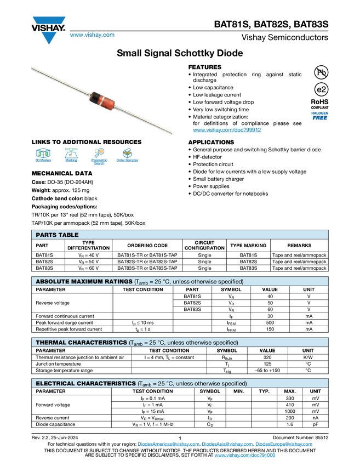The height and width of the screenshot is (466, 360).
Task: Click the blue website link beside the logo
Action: [x=92, y=35]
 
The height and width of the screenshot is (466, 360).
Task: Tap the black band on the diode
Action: [x=93, y=98]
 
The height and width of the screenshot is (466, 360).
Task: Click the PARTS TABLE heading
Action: [x=57, y=235]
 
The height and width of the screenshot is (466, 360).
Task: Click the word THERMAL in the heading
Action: [x=51, y=343]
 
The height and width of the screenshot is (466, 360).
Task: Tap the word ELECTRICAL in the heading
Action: [x=56, y=384]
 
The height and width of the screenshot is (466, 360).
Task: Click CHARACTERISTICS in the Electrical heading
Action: [x=107, y=384]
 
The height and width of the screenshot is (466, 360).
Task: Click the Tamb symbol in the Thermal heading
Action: [x=135, y=343]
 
